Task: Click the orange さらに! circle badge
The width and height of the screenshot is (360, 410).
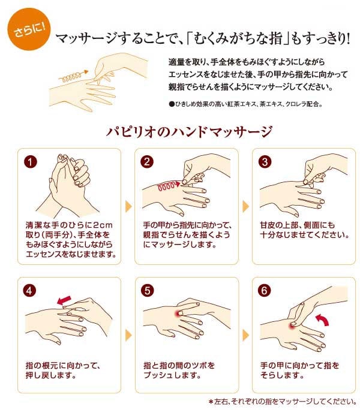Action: click(x=29, y=29)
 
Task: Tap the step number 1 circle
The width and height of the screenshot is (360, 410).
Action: click(x=31, y=162)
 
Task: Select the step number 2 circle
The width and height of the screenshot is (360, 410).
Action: click(x=147, y=162)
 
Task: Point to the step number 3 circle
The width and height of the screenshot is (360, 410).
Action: click(x=265, y=162)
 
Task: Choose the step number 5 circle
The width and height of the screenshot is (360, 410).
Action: click(x=148, y=291)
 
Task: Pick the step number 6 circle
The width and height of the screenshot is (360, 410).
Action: click(x=264, y=291)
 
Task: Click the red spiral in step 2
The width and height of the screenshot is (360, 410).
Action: click(x=169, y=186)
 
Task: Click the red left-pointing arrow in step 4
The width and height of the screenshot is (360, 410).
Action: click(x=64, y=300)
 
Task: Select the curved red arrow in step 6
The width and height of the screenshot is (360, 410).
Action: click(x=323, y=320)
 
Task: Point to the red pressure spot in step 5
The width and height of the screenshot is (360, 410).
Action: click(x=179, y=313)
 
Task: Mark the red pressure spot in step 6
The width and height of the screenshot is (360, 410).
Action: click(x=293, y=325)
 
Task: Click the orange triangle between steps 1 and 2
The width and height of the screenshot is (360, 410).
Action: click(x=128, y=206)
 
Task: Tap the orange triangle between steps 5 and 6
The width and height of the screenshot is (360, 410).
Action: click(x=245, y=335)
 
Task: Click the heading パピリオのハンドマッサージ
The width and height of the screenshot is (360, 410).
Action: click(x=189, y=131)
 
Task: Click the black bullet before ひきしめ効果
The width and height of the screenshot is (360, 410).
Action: click(x=172, y=104)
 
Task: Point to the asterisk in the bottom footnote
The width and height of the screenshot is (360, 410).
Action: click(x=211, y=402)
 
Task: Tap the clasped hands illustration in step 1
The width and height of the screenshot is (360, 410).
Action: click(x=68, y=186)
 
